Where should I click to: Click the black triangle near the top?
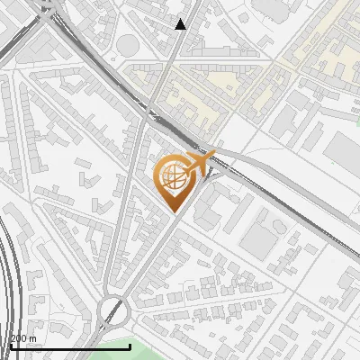pos(181,24)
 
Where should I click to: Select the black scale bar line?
pos(54,346)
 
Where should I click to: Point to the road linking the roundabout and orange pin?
pos(144,261)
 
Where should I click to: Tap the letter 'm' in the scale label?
pos(33,338)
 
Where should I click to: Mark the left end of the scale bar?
pos(11,346)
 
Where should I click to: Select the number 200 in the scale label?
pos(20,338)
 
